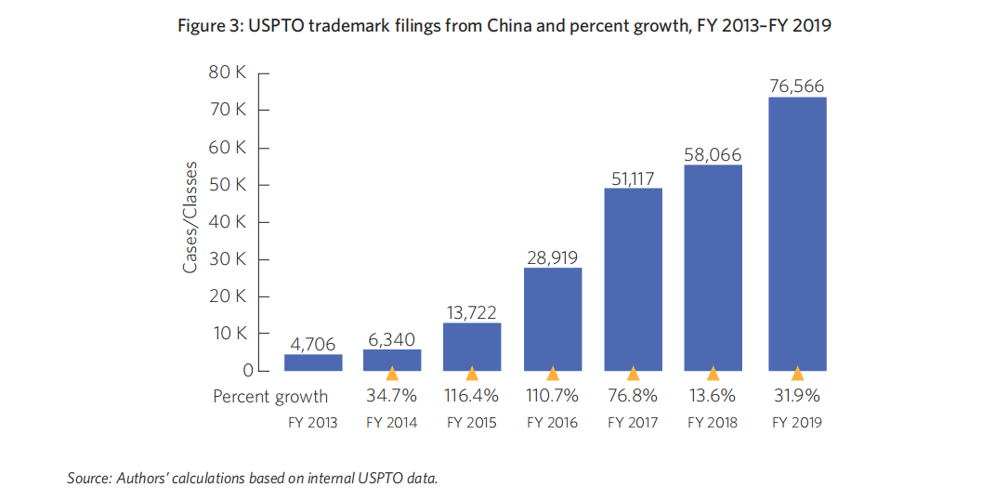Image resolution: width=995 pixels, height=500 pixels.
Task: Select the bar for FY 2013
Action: [313, 362]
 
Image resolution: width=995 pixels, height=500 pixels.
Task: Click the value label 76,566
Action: [796, 86]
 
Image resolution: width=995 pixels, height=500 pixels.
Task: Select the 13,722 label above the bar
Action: [472, 310]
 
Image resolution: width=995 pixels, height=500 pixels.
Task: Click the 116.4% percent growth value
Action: [472, 396]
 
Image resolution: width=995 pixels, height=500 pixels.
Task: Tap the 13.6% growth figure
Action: [713, 396]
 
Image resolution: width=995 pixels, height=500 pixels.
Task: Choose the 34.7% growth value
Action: [392, 396]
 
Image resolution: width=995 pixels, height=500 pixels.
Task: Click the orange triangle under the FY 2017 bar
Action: [633, 374]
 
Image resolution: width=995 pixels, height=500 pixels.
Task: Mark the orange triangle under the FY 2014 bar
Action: [392, 374]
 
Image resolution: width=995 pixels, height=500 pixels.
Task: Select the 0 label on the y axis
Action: [247, 371]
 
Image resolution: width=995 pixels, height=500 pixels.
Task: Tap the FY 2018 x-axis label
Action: [713, 423]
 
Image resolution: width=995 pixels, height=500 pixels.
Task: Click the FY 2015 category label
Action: [472, 423]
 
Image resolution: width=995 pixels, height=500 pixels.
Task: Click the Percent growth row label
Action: [270, 397]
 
